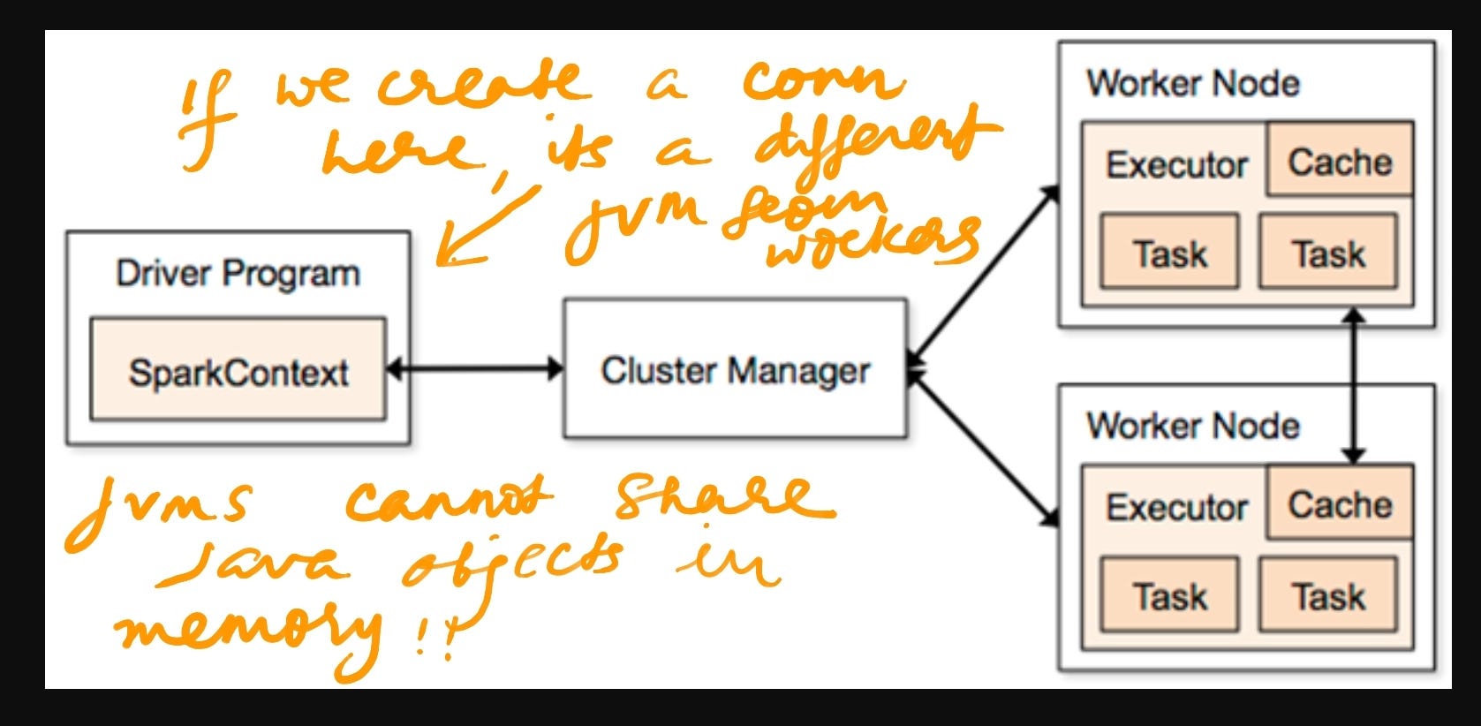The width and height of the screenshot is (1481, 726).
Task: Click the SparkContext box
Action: pos(238,371)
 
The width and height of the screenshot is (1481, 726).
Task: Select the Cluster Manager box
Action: pos(735,369)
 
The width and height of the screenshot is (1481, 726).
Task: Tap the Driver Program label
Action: pos(238,274)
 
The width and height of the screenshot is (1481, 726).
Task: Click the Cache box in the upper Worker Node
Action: pos(1339,161)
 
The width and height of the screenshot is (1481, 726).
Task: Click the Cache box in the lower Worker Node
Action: pos(1339,503)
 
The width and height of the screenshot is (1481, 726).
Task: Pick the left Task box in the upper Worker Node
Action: pos(1169,253)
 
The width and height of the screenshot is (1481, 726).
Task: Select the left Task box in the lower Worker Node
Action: pos(1169,595)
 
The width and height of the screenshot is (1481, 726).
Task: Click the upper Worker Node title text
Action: pos(1192,84)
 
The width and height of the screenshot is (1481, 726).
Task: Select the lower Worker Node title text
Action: pos(1192,426)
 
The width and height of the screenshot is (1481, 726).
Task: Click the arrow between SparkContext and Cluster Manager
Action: pos(475,368)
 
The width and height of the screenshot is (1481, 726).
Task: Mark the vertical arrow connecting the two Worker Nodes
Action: pos(1354,384)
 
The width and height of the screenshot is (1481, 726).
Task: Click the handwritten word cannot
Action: pos(446,501)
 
